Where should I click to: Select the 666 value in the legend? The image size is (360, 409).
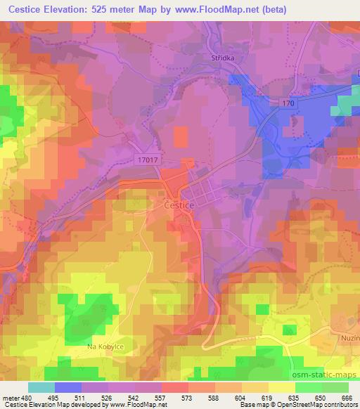(x=345, y=398)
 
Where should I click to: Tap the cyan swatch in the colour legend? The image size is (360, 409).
(x=41, y=387)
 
